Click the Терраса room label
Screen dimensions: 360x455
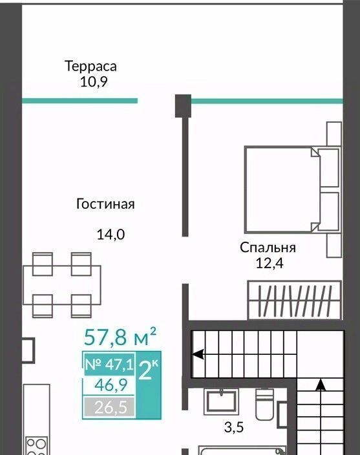coord(90,67)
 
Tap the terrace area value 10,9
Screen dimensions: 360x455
coord(94,83)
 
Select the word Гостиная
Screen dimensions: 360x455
coord(105,204)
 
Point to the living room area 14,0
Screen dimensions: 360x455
coord(111,235)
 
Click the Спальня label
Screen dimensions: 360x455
coord(268,248)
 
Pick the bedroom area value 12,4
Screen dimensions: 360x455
coord(270,264)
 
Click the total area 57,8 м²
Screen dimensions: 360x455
coord(120,337)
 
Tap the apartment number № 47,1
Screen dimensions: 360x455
coord(109,365)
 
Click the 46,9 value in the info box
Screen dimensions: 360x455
coord(111,385)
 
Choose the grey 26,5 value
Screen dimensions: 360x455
coord(111,407)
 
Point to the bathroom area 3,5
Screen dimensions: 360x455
coord(234,428)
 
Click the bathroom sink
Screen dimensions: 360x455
coord(221,402)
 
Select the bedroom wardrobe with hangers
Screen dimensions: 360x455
coord(295,301)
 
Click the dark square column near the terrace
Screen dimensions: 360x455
coord(183,106)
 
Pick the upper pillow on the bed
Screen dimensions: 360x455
coord(328,168)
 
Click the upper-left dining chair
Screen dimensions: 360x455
coord(43,264)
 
